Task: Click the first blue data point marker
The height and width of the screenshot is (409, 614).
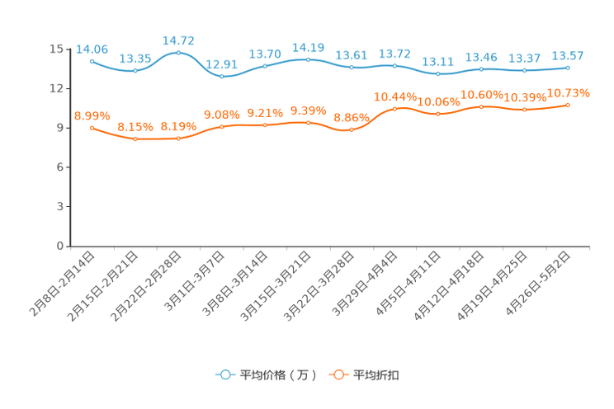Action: point(92,61)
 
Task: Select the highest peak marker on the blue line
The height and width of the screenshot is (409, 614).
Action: point(178,53)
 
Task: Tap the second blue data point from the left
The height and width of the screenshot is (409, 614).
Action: point(135,71)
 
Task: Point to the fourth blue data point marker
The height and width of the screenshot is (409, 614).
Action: point(221,77)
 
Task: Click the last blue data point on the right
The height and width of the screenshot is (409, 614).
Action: point(568,68)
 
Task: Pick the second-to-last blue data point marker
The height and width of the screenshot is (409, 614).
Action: point(524,71)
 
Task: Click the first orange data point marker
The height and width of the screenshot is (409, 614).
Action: point(92,128)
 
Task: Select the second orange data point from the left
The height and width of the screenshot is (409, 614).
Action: point(135,139)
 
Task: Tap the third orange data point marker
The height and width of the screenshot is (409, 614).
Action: point(178,139)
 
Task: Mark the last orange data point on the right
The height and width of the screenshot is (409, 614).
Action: point(568,105)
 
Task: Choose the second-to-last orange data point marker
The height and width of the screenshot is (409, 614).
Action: point(524,110)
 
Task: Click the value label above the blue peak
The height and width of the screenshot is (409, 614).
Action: point(178,40)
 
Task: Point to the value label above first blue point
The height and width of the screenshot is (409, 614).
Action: point(92,49)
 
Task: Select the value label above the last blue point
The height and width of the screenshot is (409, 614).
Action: point(568,56)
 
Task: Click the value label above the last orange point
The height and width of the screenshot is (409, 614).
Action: point(568,92)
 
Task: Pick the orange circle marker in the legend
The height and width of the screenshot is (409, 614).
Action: point(338,374)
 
